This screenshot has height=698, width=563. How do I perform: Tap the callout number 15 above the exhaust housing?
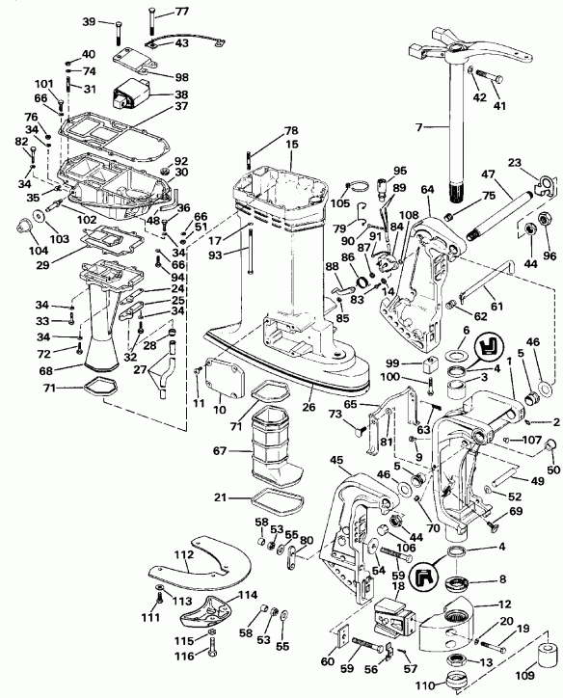292,144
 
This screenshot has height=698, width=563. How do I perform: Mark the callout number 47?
488,176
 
